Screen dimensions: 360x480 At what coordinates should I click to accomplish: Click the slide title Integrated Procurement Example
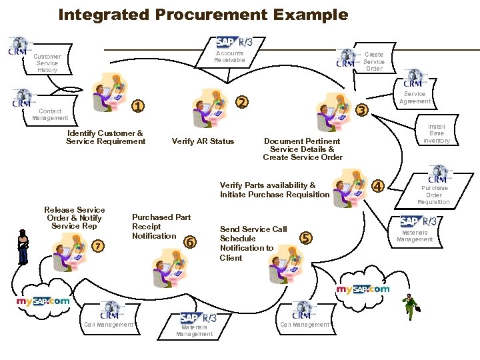click(x=203, y=14)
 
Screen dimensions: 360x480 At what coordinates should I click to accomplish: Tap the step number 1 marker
click(x=137, y=105)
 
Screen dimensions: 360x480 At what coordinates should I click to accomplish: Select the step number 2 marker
click(x=243, y=102)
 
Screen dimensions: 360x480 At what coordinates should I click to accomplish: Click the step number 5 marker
click(x=306, y=237)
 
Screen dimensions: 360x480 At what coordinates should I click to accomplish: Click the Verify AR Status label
click(x=203, y=141)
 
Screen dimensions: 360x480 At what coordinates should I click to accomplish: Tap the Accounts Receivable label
click(x=229, y=57)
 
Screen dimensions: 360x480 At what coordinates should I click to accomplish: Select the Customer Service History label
click(x=47, y=63)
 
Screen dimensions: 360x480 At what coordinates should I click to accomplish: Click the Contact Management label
click(x=50, y=114)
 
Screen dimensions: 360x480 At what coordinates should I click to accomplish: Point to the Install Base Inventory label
click(x=437, y=133)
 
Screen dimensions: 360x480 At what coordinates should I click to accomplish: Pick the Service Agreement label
click(x=415, y=97)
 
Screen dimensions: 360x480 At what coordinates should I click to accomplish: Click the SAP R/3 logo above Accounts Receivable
click(x=234, y=42)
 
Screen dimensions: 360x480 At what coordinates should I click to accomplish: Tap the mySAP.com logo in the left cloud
click(x=43, y=301)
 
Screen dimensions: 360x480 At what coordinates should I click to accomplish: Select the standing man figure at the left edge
click(x=24, y=247)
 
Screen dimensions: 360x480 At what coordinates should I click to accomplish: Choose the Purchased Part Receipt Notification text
click(x=161, y=227)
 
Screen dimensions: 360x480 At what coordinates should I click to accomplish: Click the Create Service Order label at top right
click(x=374, y=61)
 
